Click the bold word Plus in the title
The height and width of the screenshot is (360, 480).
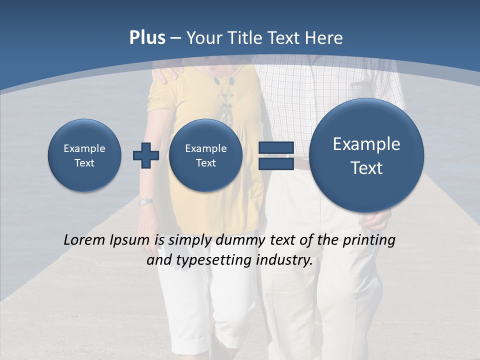147,38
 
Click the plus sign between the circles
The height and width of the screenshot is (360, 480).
145,155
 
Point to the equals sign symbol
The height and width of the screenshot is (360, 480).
275,155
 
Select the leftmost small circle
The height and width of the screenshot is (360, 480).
84,155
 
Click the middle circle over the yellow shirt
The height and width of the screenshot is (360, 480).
205,155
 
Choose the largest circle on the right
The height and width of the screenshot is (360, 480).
366,155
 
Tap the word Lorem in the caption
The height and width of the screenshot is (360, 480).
83,240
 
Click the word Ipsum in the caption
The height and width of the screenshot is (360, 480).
131,240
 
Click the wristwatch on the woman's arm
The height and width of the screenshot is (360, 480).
146,202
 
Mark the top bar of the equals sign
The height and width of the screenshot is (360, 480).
275,148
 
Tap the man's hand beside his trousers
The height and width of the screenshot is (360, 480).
378,219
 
